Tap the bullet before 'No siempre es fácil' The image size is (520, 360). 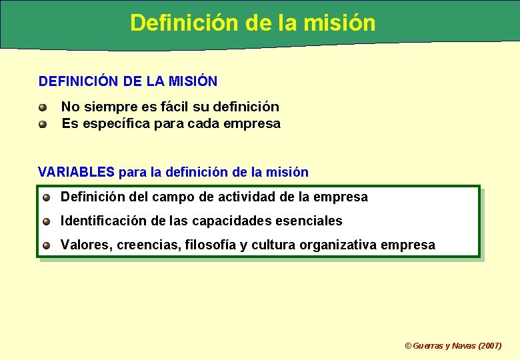tap(43, 107)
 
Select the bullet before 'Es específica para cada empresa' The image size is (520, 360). tap(43, 124)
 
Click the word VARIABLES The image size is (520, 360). tap(77, 172)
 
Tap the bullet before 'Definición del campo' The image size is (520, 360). tap(47, 197)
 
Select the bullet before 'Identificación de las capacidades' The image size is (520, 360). tap(47, 221)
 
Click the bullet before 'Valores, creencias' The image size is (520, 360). tap(47, 245)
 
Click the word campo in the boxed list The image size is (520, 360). tap(174, 197)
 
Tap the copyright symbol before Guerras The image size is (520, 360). tap(409, 345)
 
